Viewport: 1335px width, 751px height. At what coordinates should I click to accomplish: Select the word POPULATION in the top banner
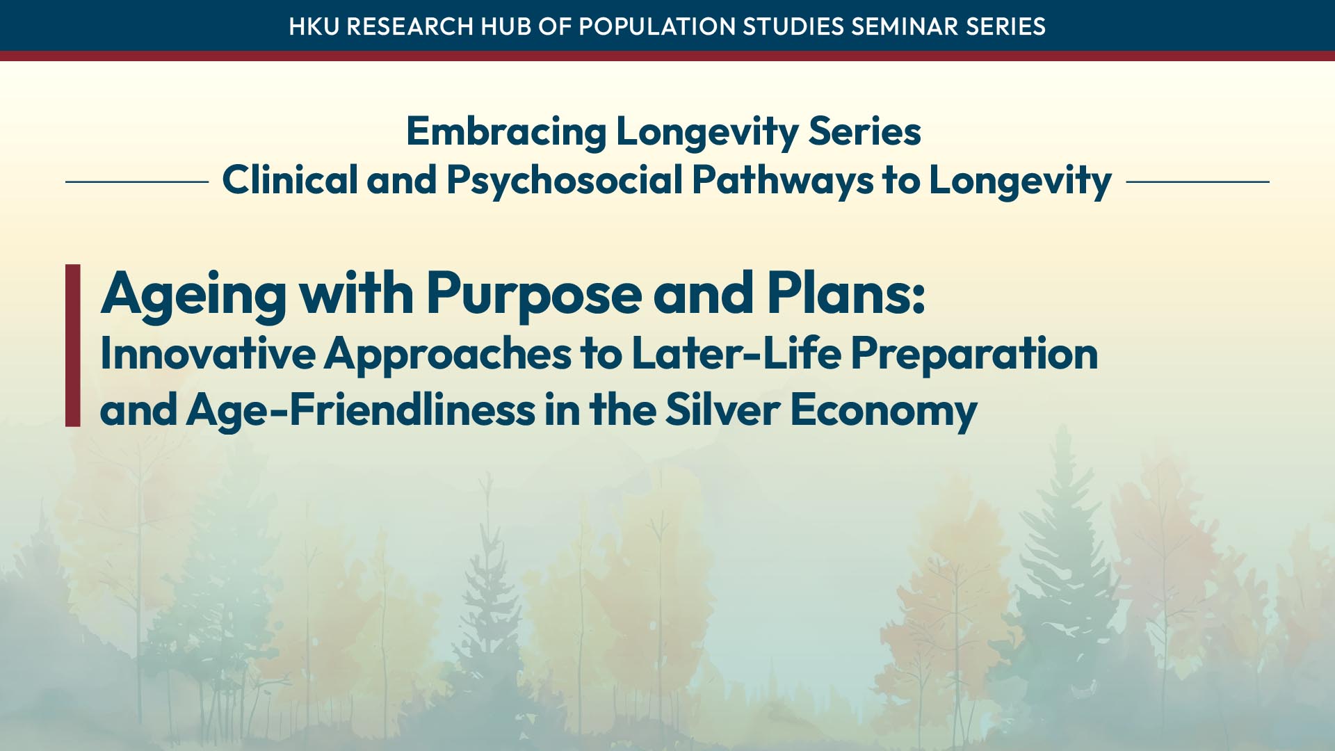pos(657,26)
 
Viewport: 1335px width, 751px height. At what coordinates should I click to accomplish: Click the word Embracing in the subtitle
pos(506,132)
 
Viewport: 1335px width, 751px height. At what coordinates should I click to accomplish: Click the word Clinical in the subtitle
pos(290,180)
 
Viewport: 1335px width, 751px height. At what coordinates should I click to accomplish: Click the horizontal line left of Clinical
pos(137,182)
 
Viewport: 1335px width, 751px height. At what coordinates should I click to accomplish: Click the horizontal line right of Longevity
pos(1198,182)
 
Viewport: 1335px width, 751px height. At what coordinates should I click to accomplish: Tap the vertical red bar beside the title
pos(73,345)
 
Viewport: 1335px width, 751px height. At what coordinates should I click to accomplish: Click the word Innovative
pos(208,354)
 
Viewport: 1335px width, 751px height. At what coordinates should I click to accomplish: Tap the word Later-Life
pos(736,353)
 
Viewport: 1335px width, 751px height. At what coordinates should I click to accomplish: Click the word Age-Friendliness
pos(361,410)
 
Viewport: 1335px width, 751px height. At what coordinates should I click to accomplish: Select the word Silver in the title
pos(722,409)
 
